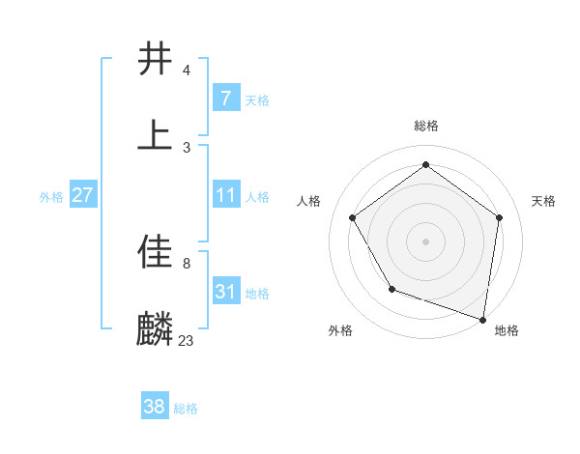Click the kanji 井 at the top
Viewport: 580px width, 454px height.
pos(155,59)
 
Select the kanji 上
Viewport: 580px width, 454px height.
pos(155,135)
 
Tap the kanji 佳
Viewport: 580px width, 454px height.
pos(155,253)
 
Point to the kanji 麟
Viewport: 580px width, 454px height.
pos(155,329)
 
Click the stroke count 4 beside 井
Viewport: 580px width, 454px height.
pos(186,71)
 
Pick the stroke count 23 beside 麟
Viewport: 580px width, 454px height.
pos(186,341)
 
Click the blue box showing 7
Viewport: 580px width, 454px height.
pos(225,98)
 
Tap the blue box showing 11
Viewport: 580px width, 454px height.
pos(225,195)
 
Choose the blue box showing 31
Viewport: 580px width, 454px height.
pos(225,292)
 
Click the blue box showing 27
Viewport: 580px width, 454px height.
pos(82,195)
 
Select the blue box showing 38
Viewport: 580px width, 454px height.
pos(154,407)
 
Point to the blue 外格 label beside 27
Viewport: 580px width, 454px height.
pos(51,196)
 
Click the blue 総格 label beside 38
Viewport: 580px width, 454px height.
pos(186,409)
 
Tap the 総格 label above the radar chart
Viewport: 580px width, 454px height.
pos(425,126)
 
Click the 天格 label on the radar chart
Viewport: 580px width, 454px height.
pos(543,201)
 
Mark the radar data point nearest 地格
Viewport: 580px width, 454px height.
pos(482,319)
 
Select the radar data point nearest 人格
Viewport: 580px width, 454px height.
pos(353,217)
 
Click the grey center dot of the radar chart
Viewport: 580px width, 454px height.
pos(425,241)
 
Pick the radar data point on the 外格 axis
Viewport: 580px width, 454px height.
pos(391,288)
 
